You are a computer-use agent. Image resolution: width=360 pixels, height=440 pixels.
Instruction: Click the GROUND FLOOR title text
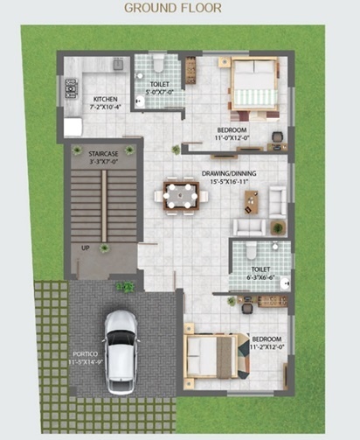pyautogui.click(x=173, y=8)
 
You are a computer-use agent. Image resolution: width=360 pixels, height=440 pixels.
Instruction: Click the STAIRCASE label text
pyautogui.click(x=102, y=156)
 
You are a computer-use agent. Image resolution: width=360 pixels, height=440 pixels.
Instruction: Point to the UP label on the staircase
pyautogui.click(x=86, y=248)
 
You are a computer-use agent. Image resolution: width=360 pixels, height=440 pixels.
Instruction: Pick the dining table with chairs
pyautogui.click(x=181, y=194)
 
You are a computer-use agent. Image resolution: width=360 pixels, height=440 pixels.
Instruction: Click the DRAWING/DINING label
pyautogui.click(x=226, y=177)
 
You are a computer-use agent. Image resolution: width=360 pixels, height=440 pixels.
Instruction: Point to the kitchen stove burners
pyautogui.click(x=69, y=87)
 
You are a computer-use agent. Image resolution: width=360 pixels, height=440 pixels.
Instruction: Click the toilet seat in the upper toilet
pyautogui.click(x=158, y=65)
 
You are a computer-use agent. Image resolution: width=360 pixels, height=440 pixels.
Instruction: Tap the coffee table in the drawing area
pyautogui.click(x=252, y=201)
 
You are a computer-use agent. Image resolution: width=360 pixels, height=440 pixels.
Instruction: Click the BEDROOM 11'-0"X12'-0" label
pyautogui.click(x=232, y=133)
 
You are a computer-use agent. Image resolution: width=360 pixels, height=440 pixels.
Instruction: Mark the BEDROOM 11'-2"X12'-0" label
pyautogui.click(x=266, y=342)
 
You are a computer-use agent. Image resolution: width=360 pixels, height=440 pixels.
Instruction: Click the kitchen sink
pyautogui.click(x=117, y=63)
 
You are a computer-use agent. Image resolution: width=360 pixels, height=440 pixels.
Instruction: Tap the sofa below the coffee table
pyautogui.click(x=248, y=227)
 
